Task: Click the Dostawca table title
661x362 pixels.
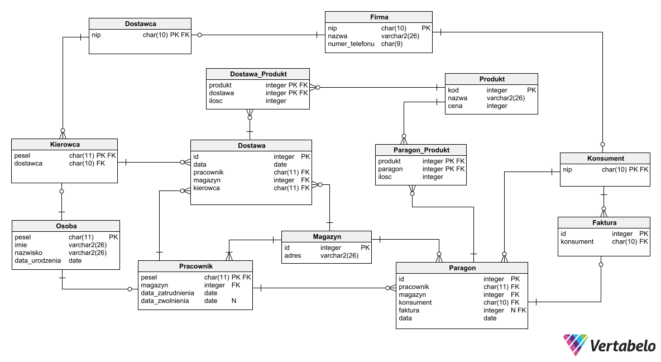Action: click(x=140, y=24)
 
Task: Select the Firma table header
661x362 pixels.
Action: click(x=379, y=17)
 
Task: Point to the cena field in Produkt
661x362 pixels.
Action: click(x=455, y=106)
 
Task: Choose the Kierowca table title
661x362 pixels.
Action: click(x=64, y=145)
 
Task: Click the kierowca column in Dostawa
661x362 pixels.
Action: click(x=206, y=188)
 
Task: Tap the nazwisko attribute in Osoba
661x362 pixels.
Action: click(x=30, y=253)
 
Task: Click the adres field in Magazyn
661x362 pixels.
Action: click(x=293, y=256)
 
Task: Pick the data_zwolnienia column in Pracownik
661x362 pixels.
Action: click(x=165, y=301)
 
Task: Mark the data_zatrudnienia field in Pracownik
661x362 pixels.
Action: click(x=167, y=293)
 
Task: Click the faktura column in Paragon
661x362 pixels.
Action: click(x=409, y=311)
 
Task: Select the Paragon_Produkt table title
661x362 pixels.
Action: click(x=421, y=150)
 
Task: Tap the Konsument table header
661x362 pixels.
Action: click(x=605, y=159)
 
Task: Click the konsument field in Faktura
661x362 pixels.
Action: click(x=577, y=242)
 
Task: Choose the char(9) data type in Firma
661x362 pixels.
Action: click(x=392, y=44)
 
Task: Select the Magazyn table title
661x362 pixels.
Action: click(x=327, y=237)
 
